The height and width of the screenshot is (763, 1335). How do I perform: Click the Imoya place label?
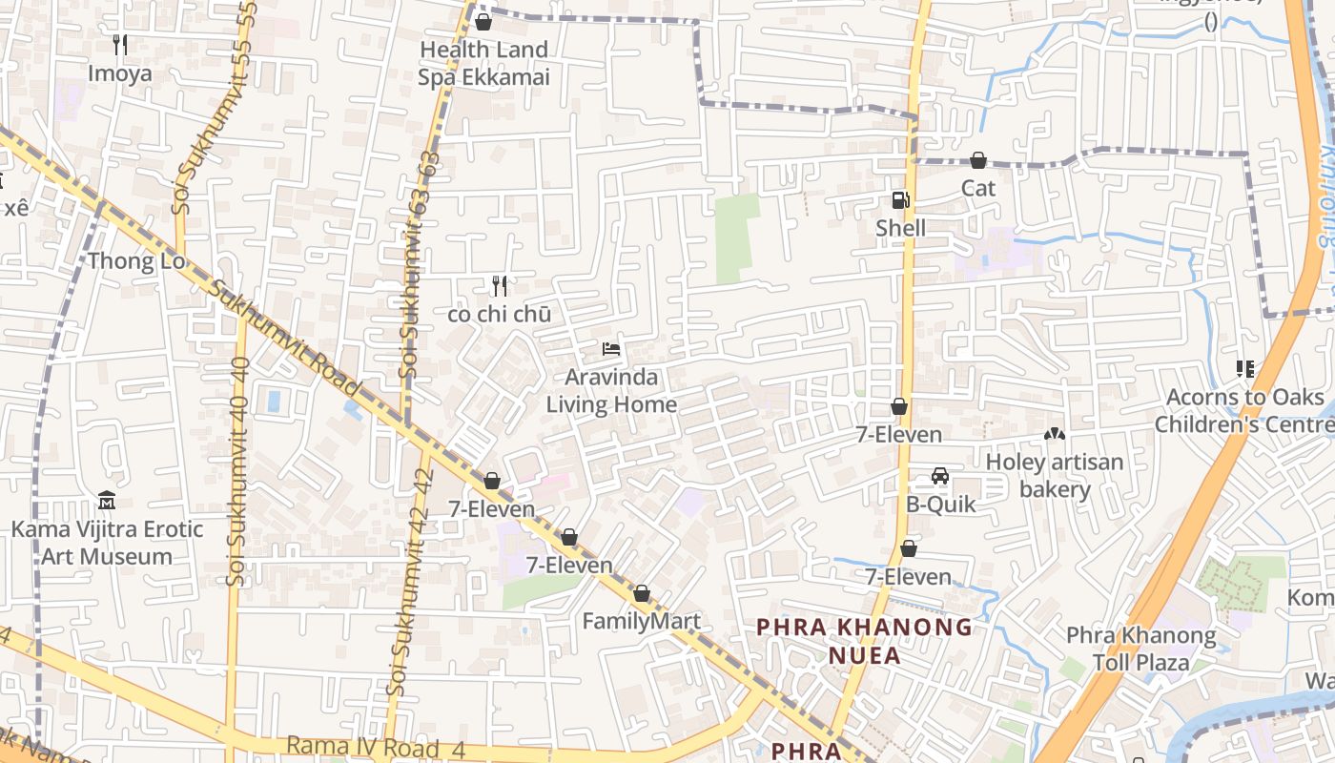click(119, 73)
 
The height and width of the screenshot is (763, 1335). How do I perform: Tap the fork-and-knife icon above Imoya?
click(120, 44)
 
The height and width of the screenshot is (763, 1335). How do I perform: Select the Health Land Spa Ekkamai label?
click(483, 63)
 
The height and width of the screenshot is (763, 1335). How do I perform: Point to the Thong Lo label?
click(135, 261)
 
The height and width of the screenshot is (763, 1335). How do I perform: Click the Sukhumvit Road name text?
click(285, 338)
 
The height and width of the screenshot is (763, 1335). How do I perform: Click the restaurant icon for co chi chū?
click(500, 285)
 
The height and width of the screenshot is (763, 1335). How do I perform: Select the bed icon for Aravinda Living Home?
click(611, 349)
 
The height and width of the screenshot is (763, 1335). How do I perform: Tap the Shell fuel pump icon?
click(900, 199)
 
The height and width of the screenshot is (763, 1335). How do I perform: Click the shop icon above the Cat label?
click(978, 160)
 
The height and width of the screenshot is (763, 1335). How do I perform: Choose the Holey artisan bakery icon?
click(1054, 435)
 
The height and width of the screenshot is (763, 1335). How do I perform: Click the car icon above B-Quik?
click(940, 476)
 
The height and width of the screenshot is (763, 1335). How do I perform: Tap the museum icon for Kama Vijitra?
click(107, 501)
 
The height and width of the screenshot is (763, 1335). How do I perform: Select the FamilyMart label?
click(641, 622)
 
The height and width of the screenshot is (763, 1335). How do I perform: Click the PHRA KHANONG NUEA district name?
click(865, 641)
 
